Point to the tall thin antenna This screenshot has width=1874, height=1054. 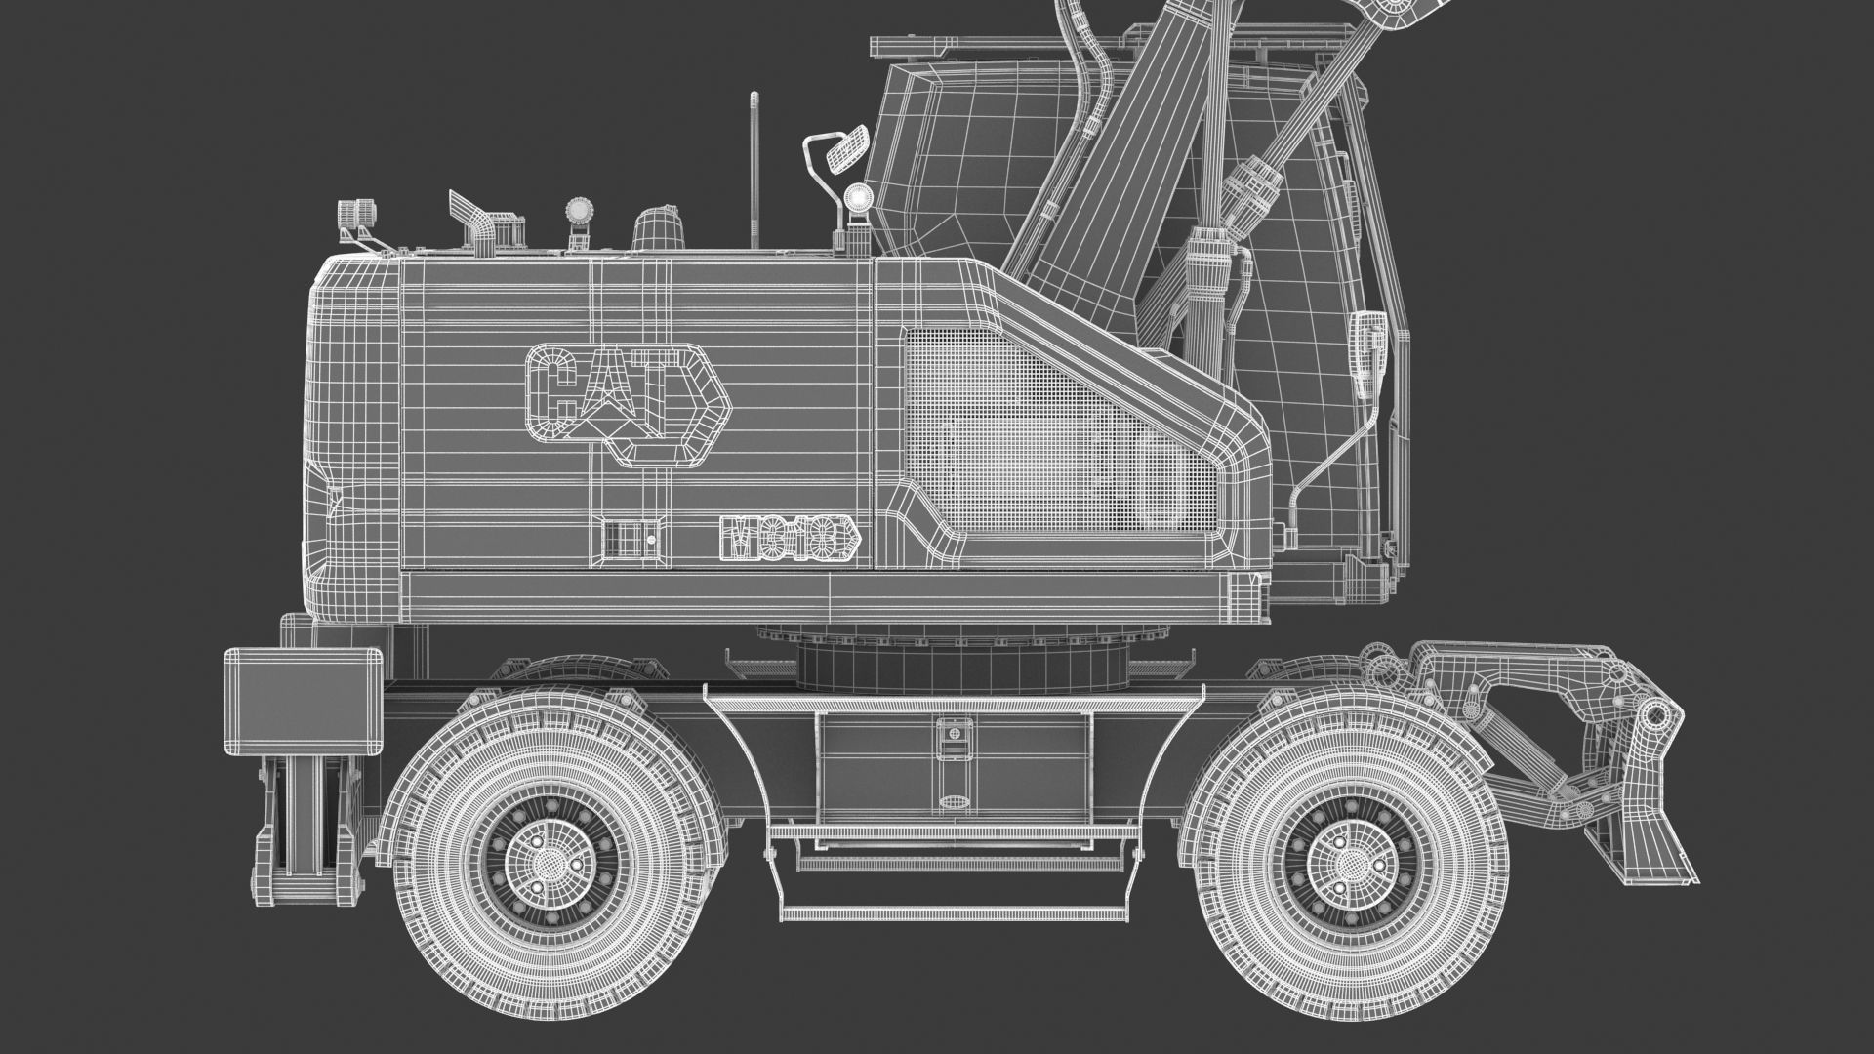click(754, 171)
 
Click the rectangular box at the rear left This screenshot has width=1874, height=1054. click(303, 702)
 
